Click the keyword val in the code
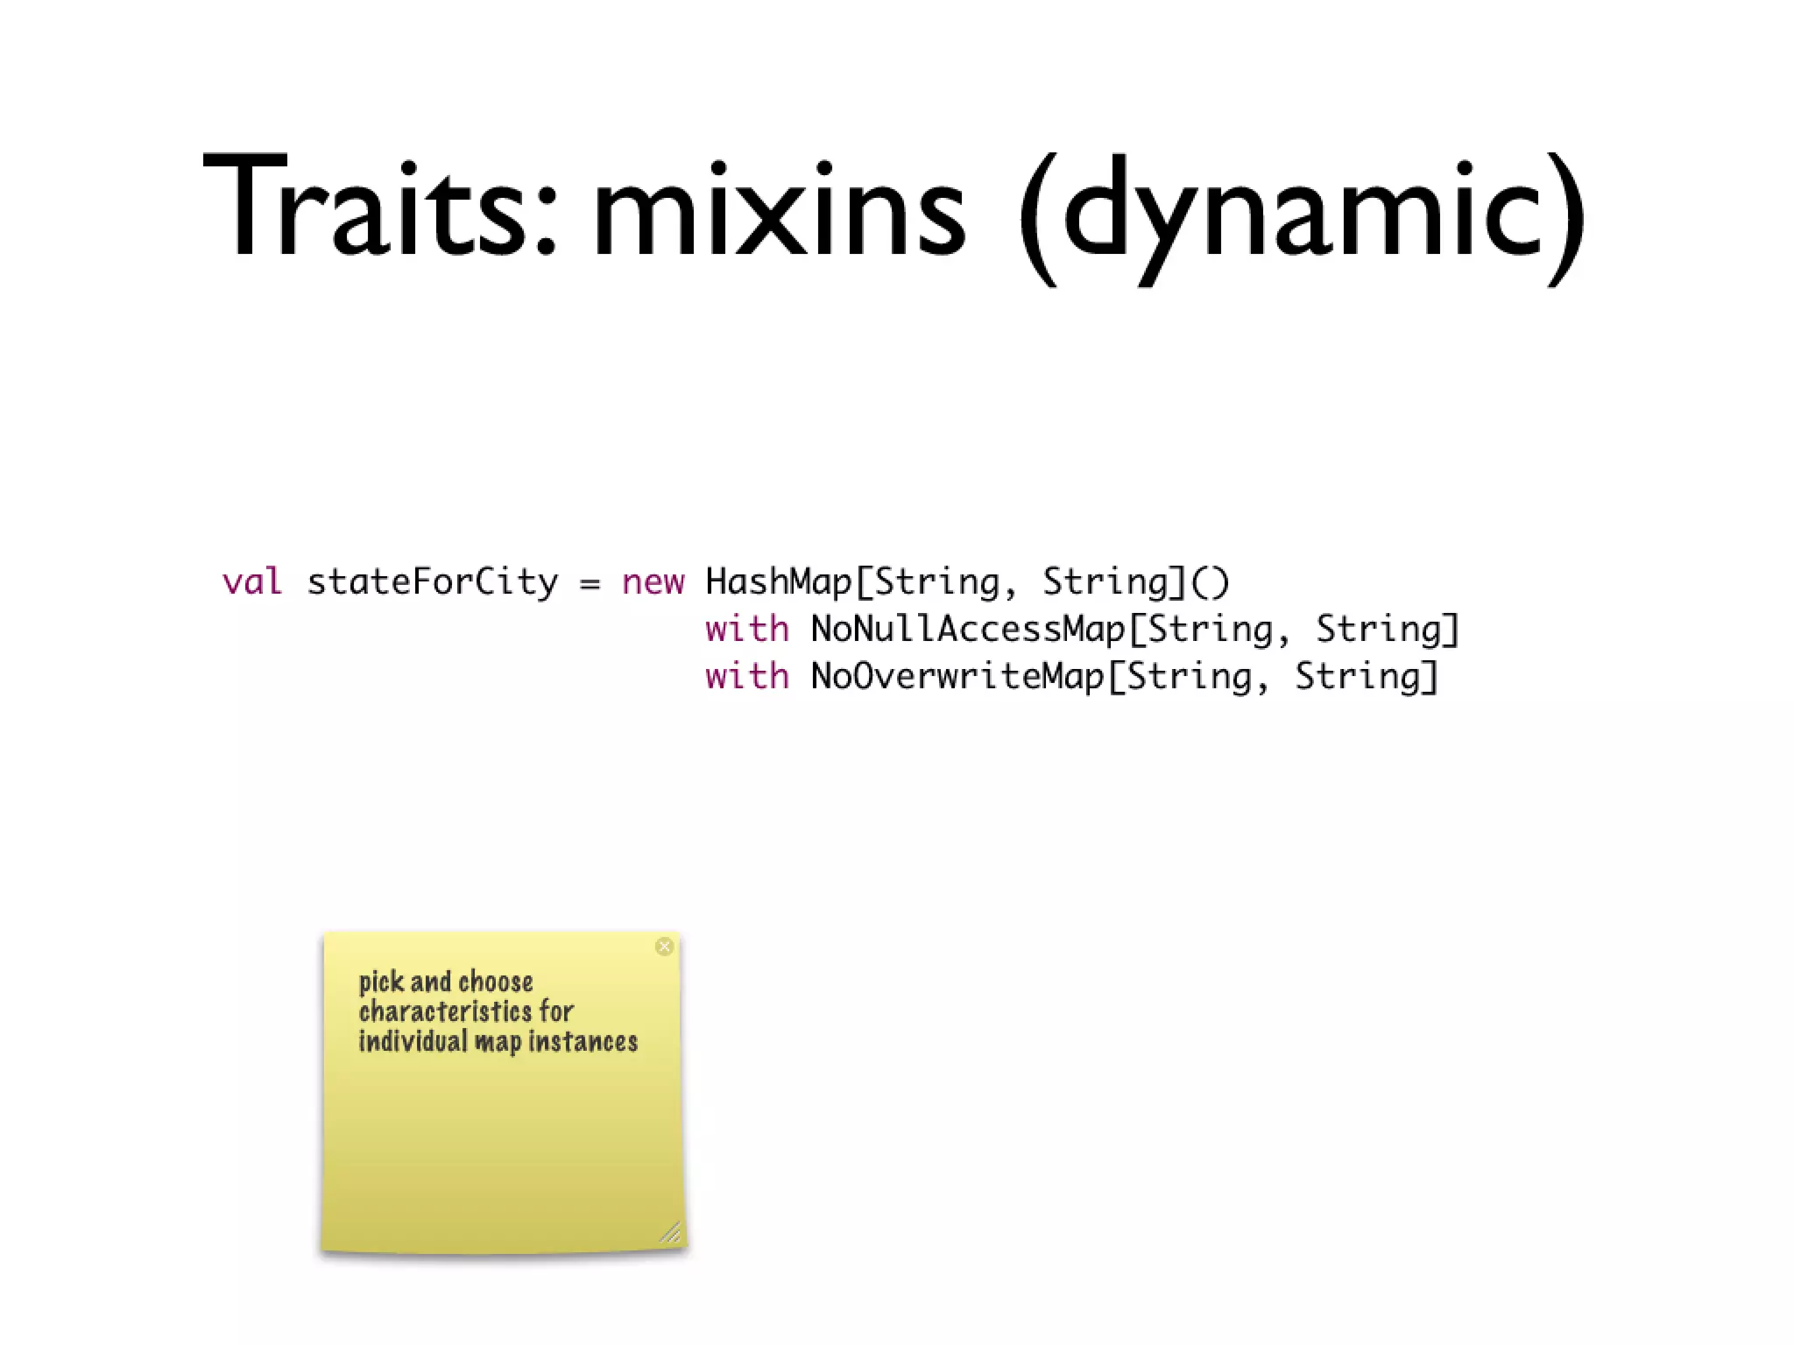coord(252,581)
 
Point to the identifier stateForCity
coord(432,581)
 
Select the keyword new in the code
coord(653,581)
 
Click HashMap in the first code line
coord(778,581)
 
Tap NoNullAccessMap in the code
coord(967,629)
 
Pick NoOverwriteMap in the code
coord(957,676)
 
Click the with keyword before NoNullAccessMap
coord(746,629)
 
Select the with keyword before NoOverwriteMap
coord(746,676)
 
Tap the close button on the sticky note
coord(664,946)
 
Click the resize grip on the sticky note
coord(670,1233)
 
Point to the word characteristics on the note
coord(445,1012)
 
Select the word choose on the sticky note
coord(495,982)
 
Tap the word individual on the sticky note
coord(413,1042)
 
